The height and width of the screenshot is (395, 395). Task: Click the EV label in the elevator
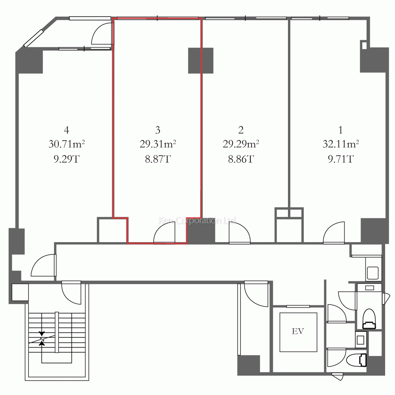pyautogui.click(x=298, y=331)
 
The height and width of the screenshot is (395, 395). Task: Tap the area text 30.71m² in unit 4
pyautogui.click(x=66, y=144)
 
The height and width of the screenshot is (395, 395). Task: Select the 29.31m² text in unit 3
pyautogui.click(x=158, y=144)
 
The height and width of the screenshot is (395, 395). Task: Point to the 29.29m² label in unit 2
pyautogui.click(x=241, y=144)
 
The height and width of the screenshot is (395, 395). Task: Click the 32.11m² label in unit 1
pyautogui.click(x=340, y=144)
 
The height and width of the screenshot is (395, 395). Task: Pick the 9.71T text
pyautogui.click(x=340, y=159)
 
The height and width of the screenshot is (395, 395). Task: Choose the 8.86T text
pyautogui.click(x=241, y=159)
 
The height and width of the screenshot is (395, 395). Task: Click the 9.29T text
pyautogui.click(x=66, y=159)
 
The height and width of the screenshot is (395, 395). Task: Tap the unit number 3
pyautogui.click(x=158, y=130)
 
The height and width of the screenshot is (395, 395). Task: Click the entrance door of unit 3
pyautogui.click(x=164, y=233)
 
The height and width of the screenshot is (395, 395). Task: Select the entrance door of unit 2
pyautogui.click(x=240, y=233)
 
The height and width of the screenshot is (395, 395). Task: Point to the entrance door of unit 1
pyautogui.click(x=334, y=233)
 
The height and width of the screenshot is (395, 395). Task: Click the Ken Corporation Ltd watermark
pyautogui.click(x=197, y=221)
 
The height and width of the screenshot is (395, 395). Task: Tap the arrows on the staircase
pyautogui.click(x=42, y=338)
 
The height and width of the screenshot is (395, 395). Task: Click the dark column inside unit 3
pyautogui.click(x=201, y=60)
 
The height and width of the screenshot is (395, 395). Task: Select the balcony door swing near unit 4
pyautogui.click(x=102, y=34)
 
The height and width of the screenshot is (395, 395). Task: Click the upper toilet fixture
pyautogui.click(x=369, y=319)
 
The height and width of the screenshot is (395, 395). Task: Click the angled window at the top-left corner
pyautogui.click(x=34, y=38)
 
